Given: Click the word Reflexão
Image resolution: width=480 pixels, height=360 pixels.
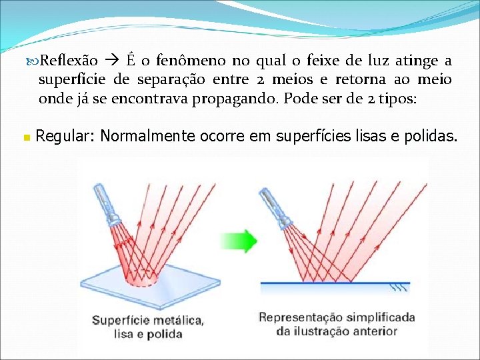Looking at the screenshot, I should (69, 61).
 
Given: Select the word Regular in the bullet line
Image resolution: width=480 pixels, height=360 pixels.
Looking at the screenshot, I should (65, 137).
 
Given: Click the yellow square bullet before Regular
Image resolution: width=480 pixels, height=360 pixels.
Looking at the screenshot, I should (26, 138).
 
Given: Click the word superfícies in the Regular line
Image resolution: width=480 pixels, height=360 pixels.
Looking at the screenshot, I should (313, 137).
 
